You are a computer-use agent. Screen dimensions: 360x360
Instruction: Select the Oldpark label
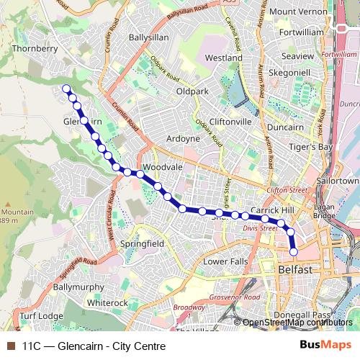point(192,91)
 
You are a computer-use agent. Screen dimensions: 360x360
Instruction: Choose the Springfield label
point(142,244)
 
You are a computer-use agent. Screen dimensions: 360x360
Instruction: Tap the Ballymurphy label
point(78,287)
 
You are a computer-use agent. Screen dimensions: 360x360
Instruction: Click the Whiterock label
point(107,303)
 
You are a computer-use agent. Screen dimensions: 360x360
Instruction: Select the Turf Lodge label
point(41,316)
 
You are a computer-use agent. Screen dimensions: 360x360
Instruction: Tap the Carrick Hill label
point(276,210)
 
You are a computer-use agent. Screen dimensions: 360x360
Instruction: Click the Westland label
point(223,57)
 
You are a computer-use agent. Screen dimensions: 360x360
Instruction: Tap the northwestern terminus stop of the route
point(66,89)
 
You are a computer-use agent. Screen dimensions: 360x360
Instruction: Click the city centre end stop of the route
point(294,251)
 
